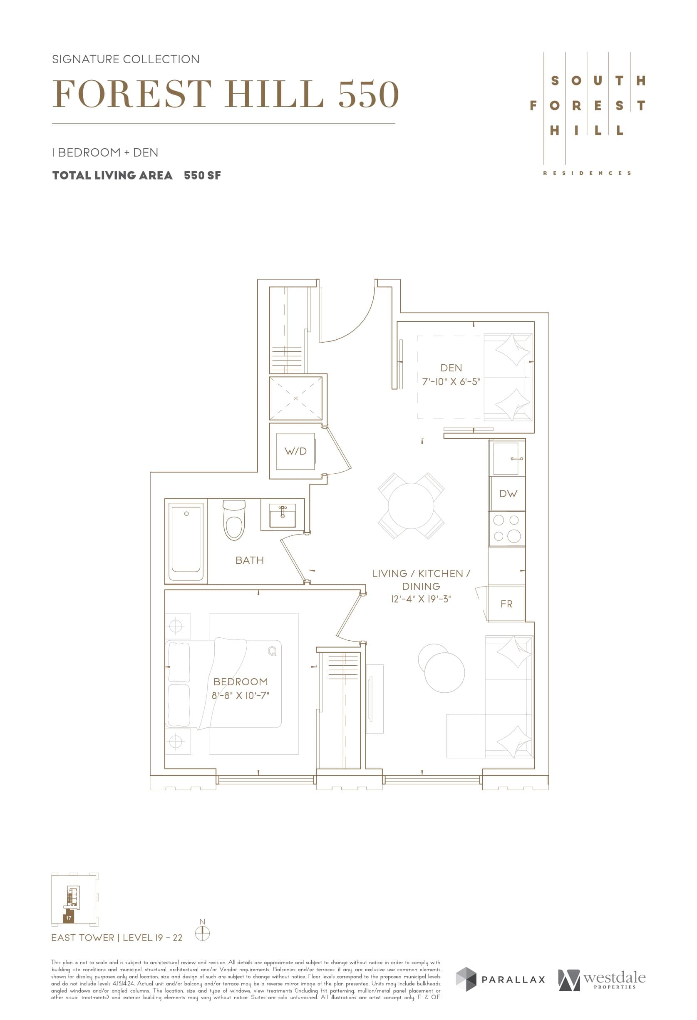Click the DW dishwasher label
tap(508, 494)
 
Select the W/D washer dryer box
tap(295, 451)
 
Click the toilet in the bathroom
tap(234, 521)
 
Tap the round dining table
tap(411, 506)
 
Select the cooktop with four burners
tap(507, 528)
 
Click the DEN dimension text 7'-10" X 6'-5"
tap(451, 381)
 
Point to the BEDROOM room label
tap(241, 682)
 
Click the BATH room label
tap(250, 560)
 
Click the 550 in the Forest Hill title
tap(368, 95)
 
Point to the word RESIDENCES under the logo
tap(587, 173)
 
